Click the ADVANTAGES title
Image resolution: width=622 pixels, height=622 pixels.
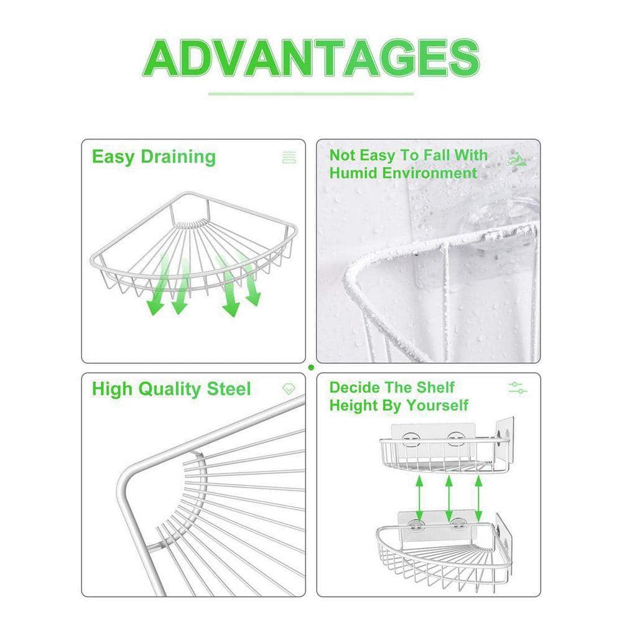click(312, 58)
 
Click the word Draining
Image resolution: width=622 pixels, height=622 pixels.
click(179, 156)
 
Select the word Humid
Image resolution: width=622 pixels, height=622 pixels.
click(353, 173)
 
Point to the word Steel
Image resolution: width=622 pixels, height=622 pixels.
click(230, 389)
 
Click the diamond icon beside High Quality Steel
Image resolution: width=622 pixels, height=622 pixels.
click(289, 389)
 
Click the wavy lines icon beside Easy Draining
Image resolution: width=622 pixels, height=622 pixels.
click(289, 157)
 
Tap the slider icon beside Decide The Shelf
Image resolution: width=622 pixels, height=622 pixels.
click(518, 388)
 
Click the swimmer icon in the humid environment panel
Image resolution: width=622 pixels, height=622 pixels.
click(518, 160)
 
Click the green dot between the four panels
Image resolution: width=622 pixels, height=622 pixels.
click(311, 368)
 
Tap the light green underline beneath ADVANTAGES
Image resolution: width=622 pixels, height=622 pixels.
click(311, 94)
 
